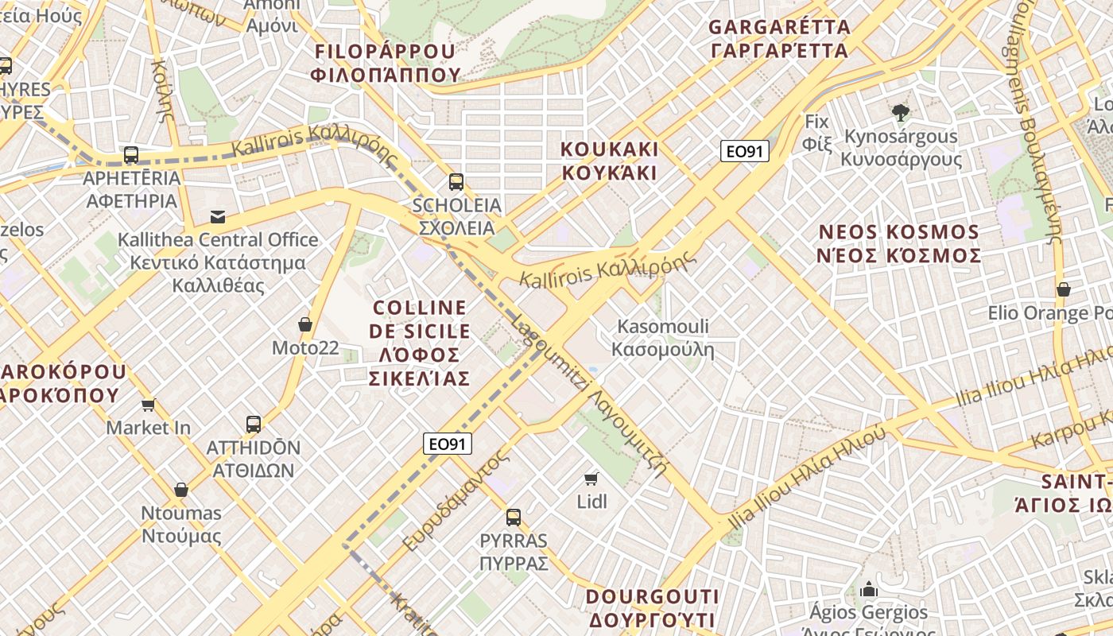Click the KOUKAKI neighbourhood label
609,161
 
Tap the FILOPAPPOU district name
386,63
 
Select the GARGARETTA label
779,38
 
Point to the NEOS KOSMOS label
899,243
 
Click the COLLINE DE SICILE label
420,343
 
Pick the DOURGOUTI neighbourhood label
652,607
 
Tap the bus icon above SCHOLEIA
456,181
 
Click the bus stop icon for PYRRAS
514,518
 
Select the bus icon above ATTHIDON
254,424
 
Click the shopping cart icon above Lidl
591,478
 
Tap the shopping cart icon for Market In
148,405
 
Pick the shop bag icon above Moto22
304,324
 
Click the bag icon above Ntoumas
181,489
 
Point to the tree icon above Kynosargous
900,112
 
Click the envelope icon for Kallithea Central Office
217,216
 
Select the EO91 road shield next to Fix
745,151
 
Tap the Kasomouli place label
663,338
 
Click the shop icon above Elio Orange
1063,289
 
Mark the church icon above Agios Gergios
868,589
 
